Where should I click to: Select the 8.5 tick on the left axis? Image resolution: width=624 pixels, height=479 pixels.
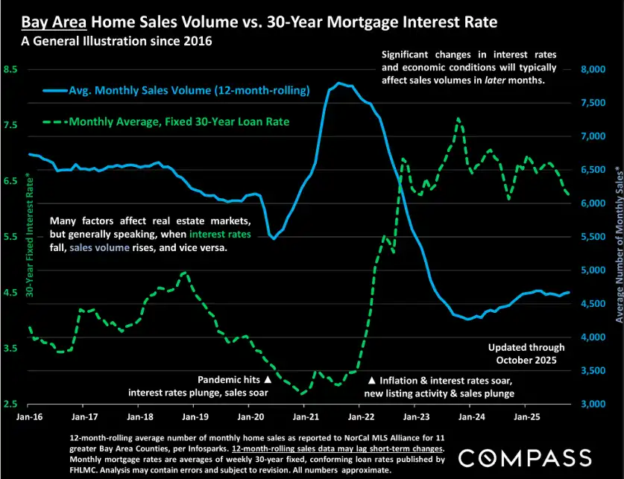(x=11, y=69)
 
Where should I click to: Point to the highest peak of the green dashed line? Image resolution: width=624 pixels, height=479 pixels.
(x=458, y=119)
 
